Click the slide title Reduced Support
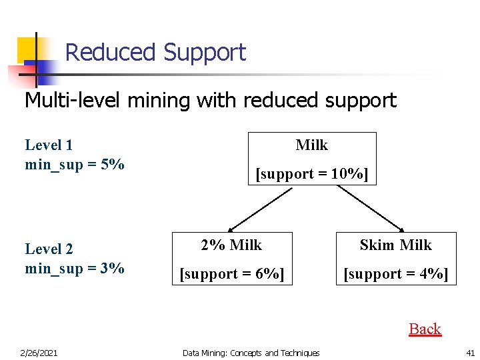(x=155, y=52)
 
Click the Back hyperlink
(x=425, y=329)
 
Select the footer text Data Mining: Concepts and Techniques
(x=251, y=353)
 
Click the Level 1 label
(x=49, y=145)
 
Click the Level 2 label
(x=49, y=249)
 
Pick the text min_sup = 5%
(x=75, y=164)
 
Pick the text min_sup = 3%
(x=75, y=268)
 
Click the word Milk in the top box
(x=312, y=145)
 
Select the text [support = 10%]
(x=312, y=174)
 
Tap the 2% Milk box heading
(x=232, y=245)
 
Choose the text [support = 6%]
(x=232, y=274)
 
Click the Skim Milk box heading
(x=396, y=245)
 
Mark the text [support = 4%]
(x=396, y=274)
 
